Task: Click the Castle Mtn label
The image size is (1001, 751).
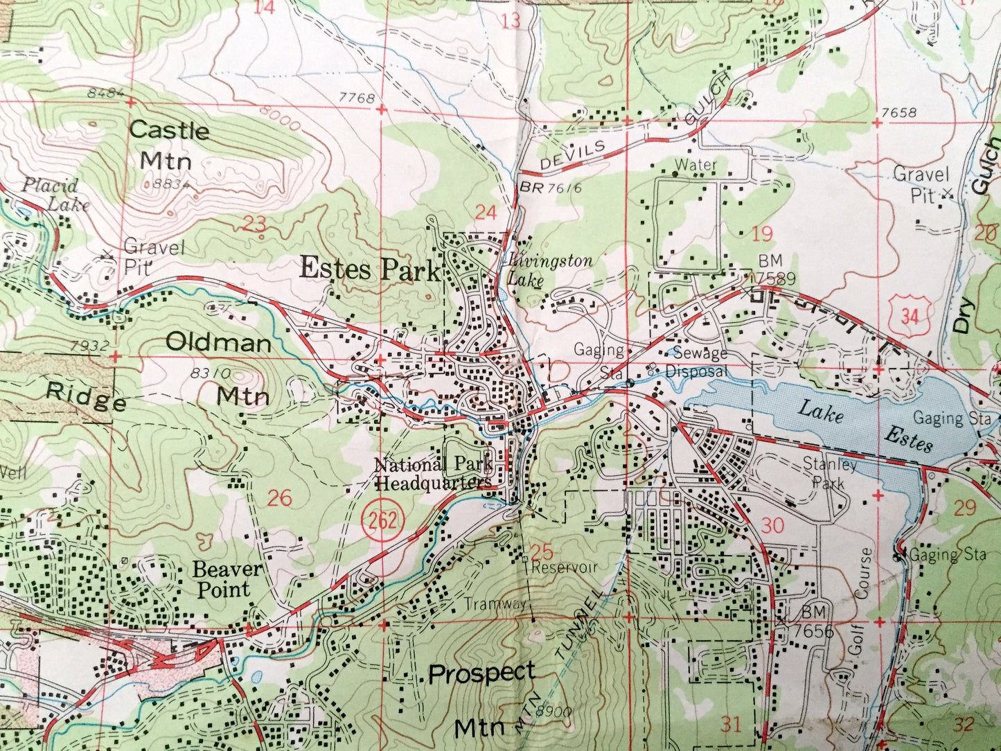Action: [168, 145]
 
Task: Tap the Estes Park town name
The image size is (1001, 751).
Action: [369, 269]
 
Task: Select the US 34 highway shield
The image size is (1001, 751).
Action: [910, 316]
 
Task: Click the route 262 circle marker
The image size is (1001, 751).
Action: [382, 520]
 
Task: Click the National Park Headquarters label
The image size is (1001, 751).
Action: [433, 473]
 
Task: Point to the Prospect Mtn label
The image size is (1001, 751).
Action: [481, 698]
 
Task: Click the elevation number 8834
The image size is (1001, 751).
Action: [168, 184]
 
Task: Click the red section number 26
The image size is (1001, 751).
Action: [279, 498]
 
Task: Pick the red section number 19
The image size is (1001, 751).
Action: [761, 233]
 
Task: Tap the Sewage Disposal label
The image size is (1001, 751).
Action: [698, 362]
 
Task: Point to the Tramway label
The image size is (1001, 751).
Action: [495, 603]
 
